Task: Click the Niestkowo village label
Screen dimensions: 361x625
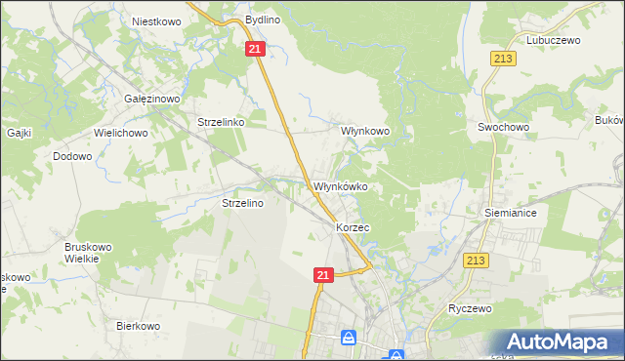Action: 154,20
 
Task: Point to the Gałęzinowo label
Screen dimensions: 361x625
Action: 149,100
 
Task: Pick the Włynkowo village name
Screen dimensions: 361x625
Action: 364,130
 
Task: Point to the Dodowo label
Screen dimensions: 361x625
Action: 72,156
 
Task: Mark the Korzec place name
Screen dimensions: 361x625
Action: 352,226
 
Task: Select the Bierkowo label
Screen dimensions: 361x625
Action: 138,326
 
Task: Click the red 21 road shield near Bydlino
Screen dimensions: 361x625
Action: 255,49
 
